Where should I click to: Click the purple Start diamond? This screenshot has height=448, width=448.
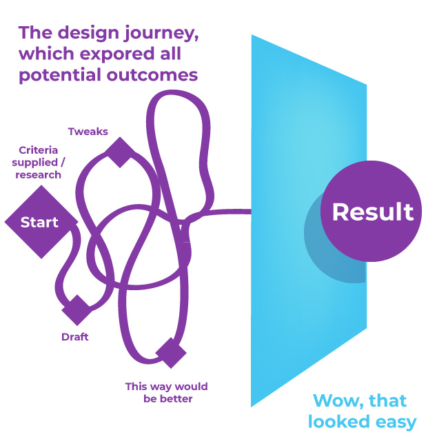(41, 222)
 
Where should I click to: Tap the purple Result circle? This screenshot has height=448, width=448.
(371, 211)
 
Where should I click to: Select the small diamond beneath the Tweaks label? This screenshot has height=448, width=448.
(120, 152)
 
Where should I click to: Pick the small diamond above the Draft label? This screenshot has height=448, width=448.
(77, 310)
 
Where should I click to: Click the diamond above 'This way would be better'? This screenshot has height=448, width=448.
(171, 353)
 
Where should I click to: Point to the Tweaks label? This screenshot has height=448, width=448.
(88, 132)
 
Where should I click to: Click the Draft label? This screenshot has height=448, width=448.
(75, 337)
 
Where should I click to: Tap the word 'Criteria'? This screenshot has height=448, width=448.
(39, 150)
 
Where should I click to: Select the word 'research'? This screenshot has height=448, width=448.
(39, 174)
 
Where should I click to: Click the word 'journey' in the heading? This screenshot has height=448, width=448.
(161, 34)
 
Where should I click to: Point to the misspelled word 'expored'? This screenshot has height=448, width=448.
(117, 54)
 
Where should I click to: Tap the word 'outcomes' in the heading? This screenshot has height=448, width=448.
(152, 75)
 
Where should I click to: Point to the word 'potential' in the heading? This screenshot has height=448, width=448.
(61, 75)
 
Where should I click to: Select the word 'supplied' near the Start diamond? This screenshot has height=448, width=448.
(35, 163)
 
